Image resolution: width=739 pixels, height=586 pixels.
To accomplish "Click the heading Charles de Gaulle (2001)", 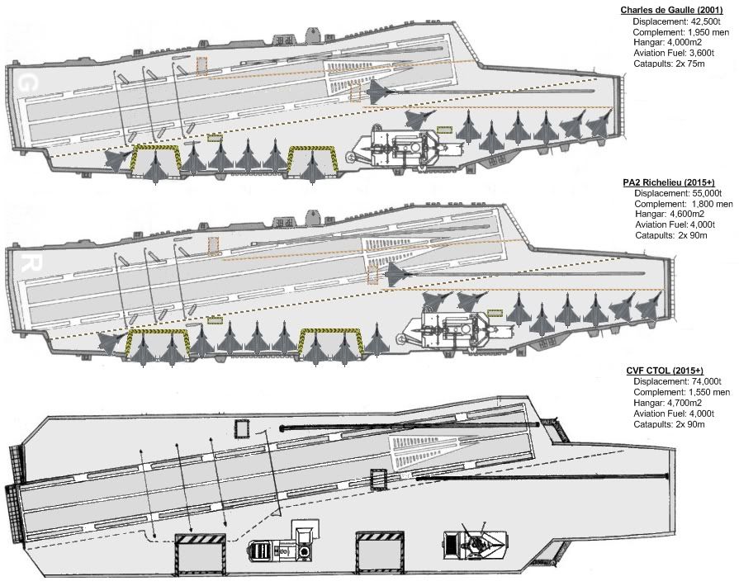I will point(676,10).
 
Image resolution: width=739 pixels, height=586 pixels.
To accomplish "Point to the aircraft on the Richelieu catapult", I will point(399,273).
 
